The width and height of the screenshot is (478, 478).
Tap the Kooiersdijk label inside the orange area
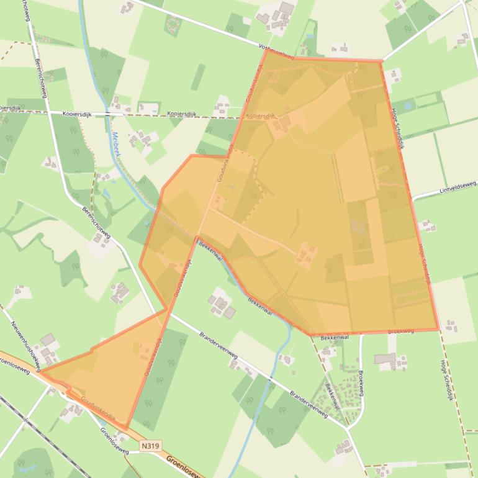click(x=259, y=116)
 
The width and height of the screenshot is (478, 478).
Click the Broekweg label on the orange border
click(x=400, y=331)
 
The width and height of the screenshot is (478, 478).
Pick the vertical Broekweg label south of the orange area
click(x=360, y=379)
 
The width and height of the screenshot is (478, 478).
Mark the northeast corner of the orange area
click(x=381, y=61)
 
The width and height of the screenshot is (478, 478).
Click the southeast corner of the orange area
click(x=438, y=329)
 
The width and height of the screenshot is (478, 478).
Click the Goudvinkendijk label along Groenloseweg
click(x=98, y=410)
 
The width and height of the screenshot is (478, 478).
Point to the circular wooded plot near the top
click(x=172, y=25)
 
